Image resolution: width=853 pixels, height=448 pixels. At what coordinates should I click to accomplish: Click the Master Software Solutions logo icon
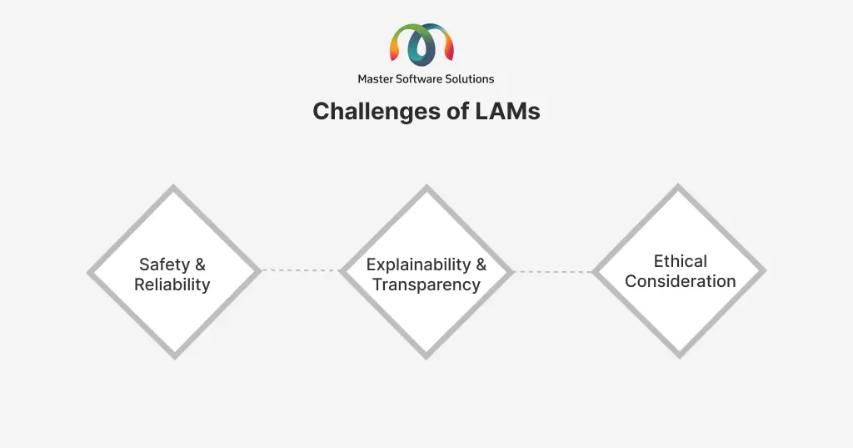(x=422, y=43)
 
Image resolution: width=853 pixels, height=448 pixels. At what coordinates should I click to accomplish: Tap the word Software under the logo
(x=419, y=79)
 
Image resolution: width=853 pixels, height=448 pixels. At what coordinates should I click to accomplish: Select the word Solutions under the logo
(x=470, y=79)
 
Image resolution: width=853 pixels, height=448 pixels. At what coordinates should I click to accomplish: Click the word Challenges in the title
(x=376, y=112)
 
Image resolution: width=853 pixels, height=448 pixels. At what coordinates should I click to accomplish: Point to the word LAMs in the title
(x=507, y=111)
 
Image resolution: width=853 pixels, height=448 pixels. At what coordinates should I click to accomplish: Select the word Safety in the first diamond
(x=164, y=264)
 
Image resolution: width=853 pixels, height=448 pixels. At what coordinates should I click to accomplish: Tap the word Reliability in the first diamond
(x=172, y=284)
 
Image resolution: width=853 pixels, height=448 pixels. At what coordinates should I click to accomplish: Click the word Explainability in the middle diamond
(x=418, y=264)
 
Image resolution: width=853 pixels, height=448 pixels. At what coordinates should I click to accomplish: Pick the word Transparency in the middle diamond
(x=426, y=284)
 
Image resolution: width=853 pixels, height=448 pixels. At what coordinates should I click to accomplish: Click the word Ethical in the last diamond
(x=680, y=261)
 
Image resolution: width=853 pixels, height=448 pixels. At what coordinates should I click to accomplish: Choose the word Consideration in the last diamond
(x=680, y=281)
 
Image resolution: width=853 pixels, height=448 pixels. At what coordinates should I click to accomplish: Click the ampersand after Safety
(x=200, y=264)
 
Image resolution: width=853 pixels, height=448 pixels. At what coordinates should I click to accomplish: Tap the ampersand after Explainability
(x=481, y=264)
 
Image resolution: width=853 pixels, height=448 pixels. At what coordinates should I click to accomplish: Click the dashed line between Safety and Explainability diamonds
(x=300, y=270)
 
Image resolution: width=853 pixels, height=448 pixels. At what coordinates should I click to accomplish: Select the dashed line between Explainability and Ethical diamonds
(x=553, y=271)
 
